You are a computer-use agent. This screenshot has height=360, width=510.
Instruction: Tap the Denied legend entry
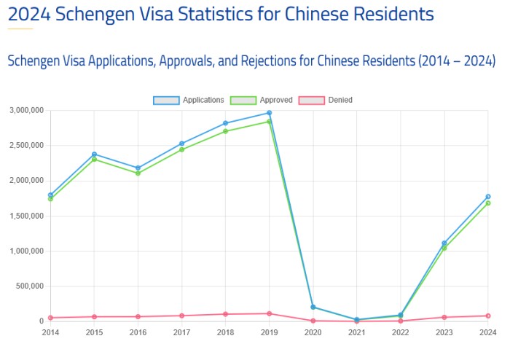(332, 99)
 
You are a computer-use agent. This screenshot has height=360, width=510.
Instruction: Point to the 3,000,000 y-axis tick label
(26, 110)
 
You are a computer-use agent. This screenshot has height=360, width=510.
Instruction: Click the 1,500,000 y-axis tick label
(26, 216)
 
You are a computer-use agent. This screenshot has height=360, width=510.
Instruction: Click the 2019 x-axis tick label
(269, 333)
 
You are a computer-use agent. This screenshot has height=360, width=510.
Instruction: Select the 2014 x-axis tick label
(50, 333)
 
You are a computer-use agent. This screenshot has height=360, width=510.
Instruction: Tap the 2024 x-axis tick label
(487, 333)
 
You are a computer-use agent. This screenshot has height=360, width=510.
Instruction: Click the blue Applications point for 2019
(269, 113)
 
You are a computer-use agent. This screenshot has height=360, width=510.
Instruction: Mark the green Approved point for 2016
(138, 173)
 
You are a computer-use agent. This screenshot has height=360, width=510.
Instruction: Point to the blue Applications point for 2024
(487, 197)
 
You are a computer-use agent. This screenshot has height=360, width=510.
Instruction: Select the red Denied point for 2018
(225, 314)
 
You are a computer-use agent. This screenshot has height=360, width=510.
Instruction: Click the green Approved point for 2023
(444, 249)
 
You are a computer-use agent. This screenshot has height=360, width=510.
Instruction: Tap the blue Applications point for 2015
(94, 154)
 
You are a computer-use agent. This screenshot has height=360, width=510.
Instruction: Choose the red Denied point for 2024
(487, 316)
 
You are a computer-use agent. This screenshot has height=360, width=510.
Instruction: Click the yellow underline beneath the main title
(20, 29)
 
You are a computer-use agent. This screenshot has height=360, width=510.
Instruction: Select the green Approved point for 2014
(50, 199)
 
